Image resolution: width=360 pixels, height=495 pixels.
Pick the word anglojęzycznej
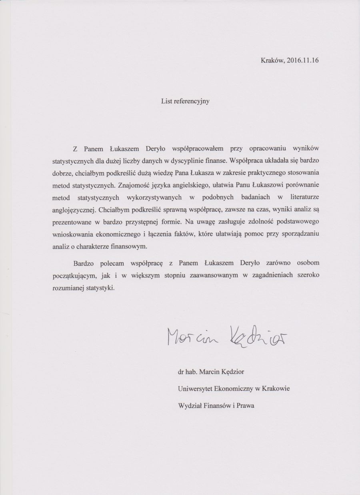click(x=75, y=209)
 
